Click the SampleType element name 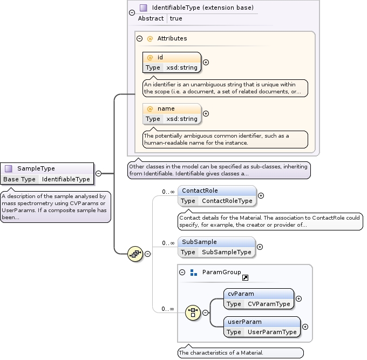(x=36, y=168)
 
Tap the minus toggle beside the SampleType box (x=98, y=174)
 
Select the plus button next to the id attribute (x=206, y=62)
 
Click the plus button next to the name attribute (x=206, y=113)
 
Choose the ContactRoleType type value (x=227, y=201)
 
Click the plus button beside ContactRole (x=261, y=196)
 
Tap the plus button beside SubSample (x=260, y=247)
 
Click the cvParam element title (x=241, y=294)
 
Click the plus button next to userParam (x=305, y=327)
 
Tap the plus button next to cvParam (x=299, y=298)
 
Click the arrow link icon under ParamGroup (x=245, y=277)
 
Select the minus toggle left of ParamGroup (x=182, y=273)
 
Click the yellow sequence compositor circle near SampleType (x=135, y=253)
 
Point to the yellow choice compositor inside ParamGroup (x=193, y=313)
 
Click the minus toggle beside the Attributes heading (x=139, y=38)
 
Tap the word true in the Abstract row (x=176, y=18)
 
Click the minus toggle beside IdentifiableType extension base (x=132, y=8)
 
